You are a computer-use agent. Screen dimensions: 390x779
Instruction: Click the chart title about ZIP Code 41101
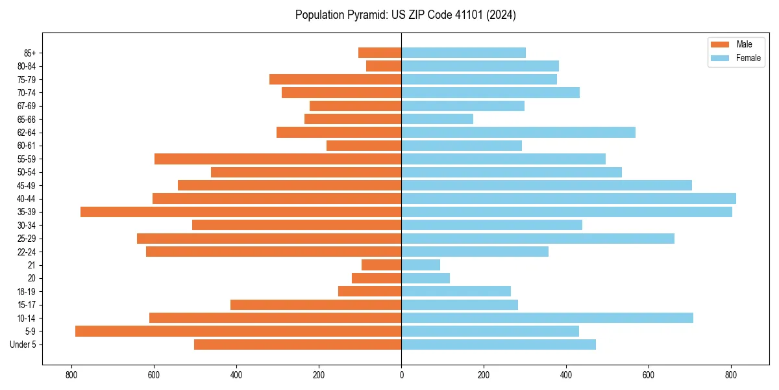[x=405, y=15]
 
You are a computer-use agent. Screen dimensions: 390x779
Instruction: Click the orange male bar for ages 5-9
[x=238, y=331]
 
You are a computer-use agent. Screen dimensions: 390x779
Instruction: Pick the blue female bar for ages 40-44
[x=569, y=199]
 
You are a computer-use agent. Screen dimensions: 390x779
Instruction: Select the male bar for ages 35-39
[x=241, y=212]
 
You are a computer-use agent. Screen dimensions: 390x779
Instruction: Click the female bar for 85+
[x=464, y=53]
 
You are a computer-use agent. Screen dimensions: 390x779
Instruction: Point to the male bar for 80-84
[x=384, y=66]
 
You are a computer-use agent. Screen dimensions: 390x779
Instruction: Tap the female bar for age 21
[x=421, y=265]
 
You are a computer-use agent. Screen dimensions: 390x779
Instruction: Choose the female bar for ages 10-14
[x=547, y=318]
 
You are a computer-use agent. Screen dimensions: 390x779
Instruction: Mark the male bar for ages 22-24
[x=273, y=252]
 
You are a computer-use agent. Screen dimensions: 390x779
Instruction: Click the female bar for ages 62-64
[x=518, y=133]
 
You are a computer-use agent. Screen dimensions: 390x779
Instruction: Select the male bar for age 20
[x=377, y=278]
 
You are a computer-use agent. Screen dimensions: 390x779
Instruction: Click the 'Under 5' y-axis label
[x=23, y=344]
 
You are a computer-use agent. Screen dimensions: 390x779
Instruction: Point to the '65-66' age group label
[x=27, y=120]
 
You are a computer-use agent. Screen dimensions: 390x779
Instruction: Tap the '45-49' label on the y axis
[x=27, y=186]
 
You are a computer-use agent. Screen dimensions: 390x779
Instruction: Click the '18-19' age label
[x=27, y=292]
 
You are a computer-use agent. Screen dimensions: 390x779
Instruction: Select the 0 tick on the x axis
[x=401, y=375]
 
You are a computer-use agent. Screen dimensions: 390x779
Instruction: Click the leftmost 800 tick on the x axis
[x=71, y=375]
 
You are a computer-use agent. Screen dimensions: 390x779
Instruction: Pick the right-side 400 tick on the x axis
[x=566, y=375]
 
